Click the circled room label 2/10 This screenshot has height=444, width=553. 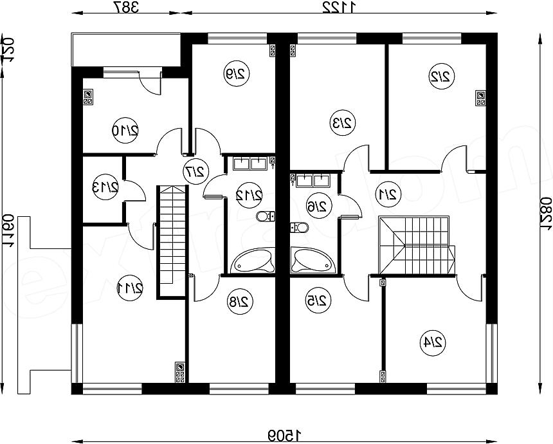click(x=125, y=131)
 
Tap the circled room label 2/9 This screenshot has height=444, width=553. click(x=236, y=73)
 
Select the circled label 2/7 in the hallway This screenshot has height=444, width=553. click(x=194, y=171)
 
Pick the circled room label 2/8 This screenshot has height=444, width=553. click(x=238, y=302)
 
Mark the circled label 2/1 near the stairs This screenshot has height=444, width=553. click(x=388, y=193)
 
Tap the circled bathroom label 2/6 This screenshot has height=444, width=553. click(x=316, y=205)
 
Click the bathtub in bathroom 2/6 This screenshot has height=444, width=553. click(x=313, y=261)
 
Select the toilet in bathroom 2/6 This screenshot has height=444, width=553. click(x=299, y=227)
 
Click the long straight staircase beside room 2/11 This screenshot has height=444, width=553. click(x=172, y=241)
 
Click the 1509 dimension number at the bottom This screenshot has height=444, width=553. click(x=283, y=436)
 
